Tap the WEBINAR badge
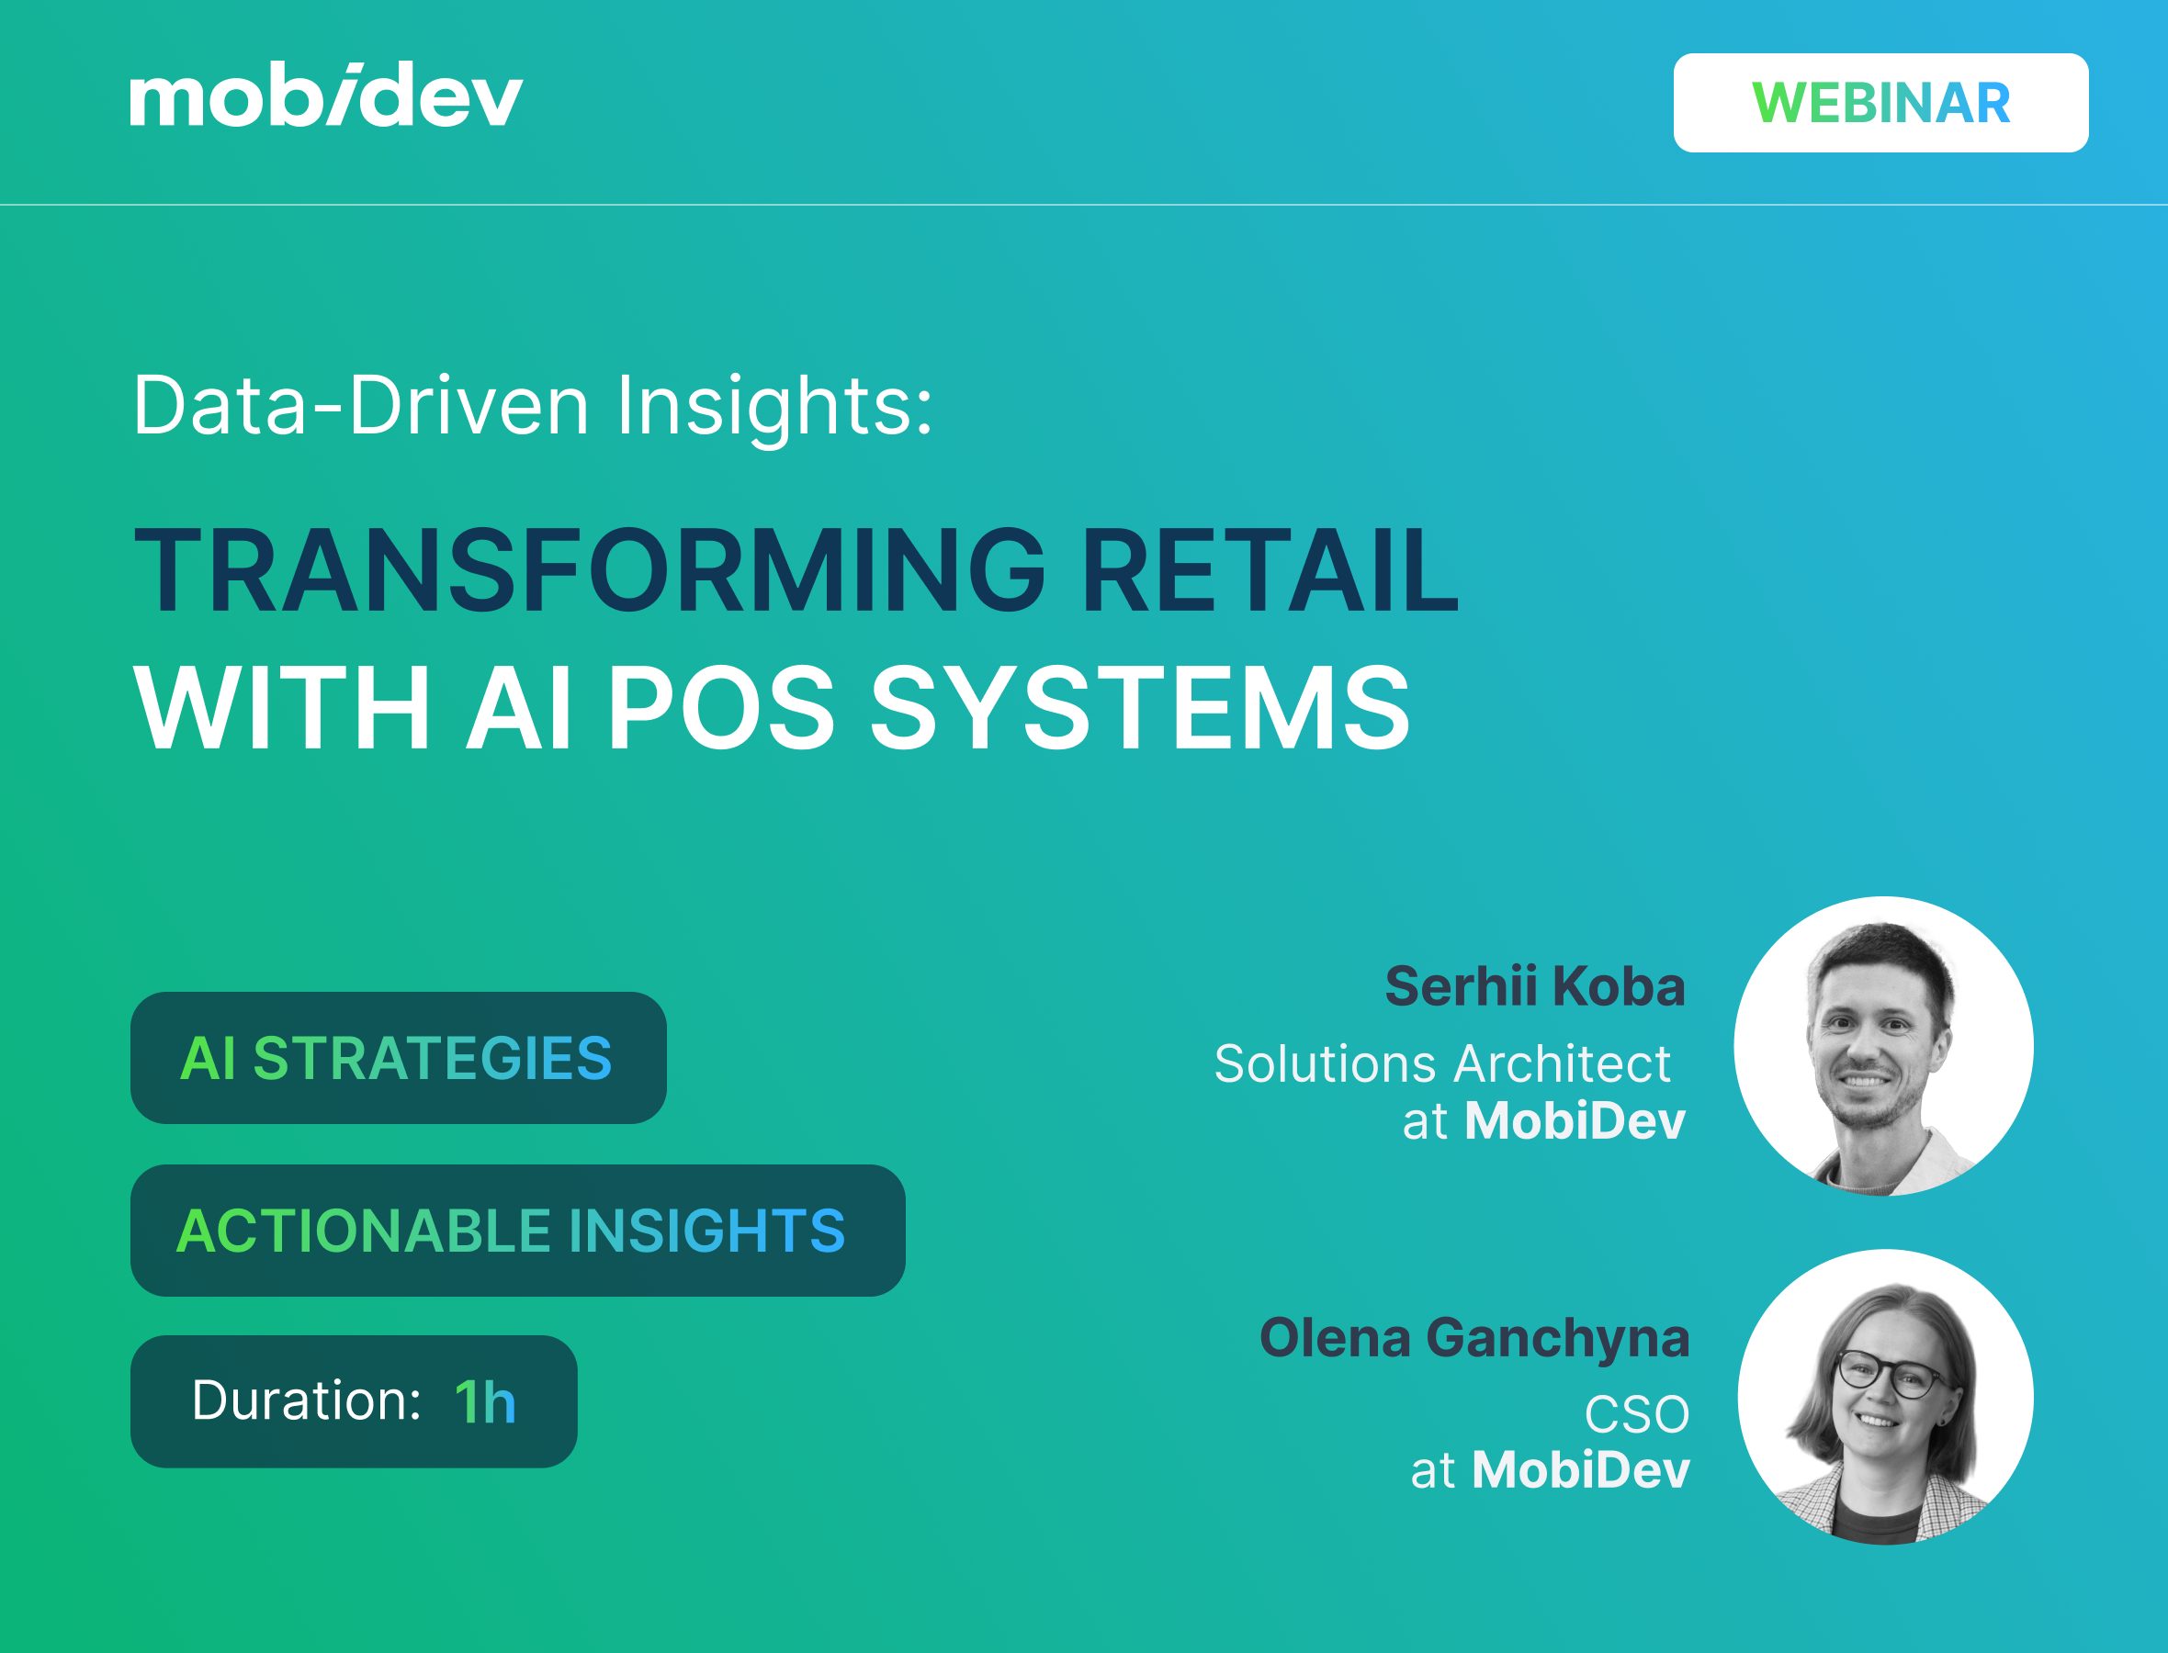click(1880, 103)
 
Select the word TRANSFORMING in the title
click(589, 571)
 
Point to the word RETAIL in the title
click(1269, 571)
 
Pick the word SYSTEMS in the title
click(1140, 708)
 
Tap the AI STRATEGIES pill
click(398, 1058)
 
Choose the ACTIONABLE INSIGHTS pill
click(516, 1230)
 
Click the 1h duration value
click(484, 1402)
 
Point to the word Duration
click(306, 1400)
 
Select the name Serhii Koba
click(1534, 986)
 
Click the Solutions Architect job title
click(1441, 1063)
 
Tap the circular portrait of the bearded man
click(1882, 1045)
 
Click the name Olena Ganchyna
click(1474, 1338)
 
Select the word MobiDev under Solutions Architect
click(1575, 1120)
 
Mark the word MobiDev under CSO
click(1580, 1470)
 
